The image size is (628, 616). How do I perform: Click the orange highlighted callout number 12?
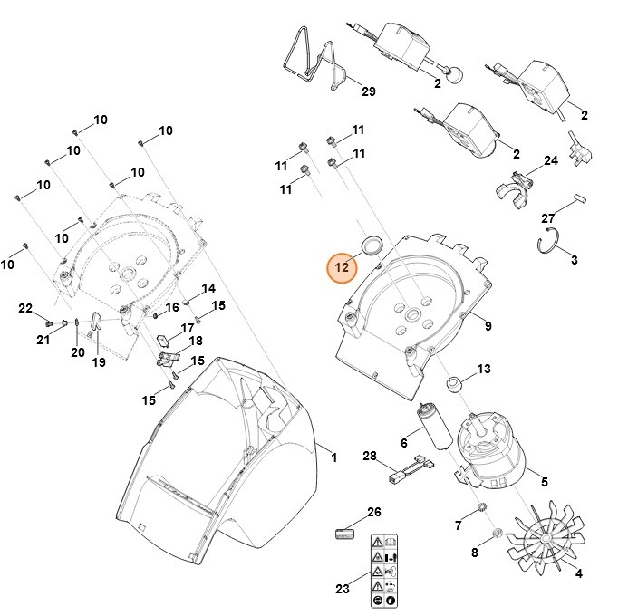(x=343, y=267)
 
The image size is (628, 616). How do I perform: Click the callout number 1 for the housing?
(x=333, y=458)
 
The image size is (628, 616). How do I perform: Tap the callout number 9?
(x=488, y=326)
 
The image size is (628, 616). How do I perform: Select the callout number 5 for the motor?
(x=545, y=482)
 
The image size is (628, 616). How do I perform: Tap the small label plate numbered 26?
(x=343, y=532)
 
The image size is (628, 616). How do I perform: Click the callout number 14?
(x=208, y=288)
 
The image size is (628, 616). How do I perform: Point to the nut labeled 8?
(x=498, y=531)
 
